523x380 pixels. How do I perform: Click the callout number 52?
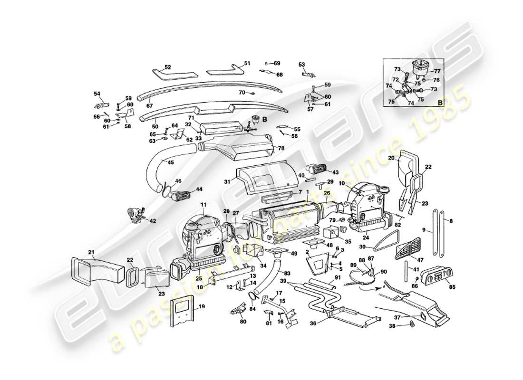(x=167, y=67)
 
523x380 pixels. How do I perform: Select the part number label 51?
(x=247, y=63)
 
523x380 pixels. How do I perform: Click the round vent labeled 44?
(x=183, y=193)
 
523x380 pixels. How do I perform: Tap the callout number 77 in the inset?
(x=437, y=71)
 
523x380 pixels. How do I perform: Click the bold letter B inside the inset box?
(x=439, y=102)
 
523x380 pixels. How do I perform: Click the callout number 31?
(x=227, y=181)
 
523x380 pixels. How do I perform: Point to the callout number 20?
(x=391, y=158)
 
